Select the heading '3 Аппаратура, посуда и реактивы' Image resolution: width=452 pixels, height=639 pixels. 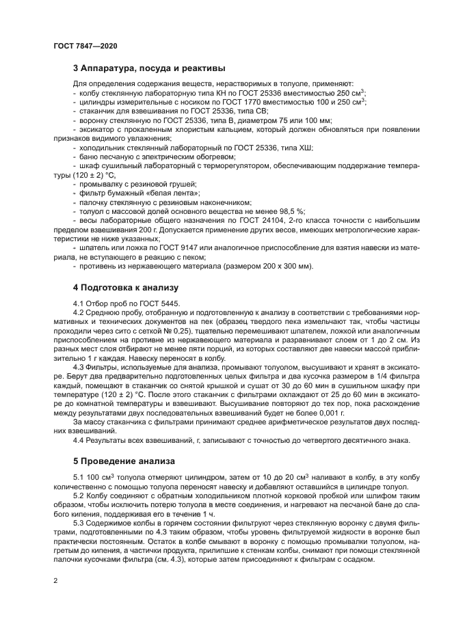(149, 68)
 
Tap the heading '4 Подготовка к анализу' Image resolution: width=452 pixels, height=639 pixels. (125, 287)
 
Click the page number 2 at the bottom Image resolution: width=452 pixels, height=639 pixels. (55, 581)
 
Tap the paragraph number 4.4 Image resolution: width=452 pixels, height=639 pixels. (78, 439)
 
